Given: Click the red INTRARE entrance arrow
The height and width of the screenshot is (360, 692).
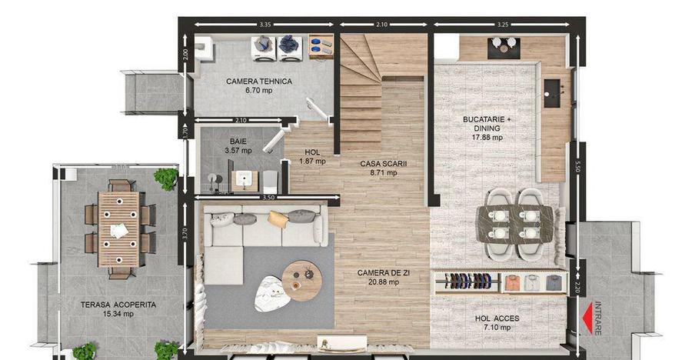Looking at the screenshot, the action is click(587, 317).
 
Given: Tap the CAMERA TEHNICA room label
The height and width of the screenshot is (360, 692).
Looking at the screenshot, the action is click(259, 82).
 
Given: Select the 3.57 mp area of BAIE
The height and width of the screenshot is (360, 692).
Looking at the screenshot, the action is click(238, 150).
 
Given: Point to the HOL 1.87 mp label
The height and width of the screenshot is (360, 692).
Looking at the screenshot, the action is click(312, 157).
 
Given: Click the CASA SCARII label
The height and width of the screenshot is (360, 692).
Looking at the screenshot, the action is click(384, 163).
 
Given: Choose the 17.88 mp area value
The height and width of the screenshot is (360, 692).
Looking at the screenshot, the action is click(487, 138).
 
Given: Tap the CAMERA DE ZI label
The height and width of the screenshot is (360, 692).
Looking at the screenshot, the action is click(384, 273).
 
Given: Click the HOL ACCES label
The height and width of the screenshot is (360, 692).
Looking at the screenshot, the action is click(497, 318).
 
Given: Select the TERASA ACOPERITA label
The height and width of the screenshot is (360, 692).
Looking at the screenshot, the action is click(118, 305).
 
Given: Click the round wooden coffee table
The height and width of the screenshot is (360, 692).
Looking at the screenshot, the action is click(302, 281).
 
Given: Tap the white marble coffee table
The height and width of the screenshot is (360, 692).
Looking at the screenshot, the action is click(272, 294).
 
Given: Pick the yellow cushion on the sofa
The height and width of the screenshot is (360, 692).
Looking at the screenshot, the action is click(278, 219).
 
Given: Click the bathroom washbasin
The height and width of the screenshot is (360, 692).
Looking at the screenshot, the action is click(245, 181).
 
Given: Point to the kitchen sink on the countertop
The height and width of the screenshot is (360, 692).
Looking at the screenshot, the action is click(551, 93).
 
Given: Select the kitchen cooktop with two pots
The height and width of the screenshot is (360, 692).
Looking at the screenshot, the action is click(504, 48).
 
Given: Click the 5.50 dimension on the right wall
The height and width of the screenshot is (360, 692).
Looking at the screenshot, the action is click(577, 166).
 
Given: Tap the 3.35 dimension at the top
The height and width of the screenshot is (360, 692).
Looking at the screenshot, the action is click(264, 25).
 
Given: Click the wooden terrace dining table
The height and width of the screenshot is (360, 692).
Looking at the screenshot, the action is click(118, 229).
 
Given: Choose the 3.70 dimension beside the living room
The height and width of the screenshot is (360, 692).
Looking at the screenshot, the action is click(185, 233).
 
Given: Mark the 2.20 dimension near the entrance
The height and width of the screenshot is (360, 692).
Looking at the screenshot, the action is click(577, 288).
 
